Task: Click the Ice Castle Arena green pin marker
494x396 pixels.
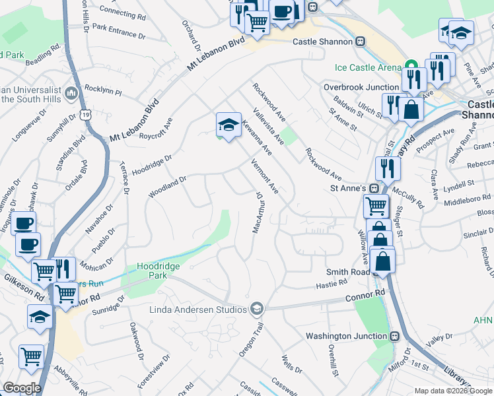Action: click(x=411, y=67)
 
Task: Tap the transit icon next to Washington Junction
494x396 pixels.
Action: click(x=395, y=336)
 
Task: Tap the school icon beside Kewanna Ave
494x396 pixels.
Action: click(x=228, y=124)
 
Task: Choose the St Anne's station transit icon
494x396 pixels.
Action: click(x=374, y=188)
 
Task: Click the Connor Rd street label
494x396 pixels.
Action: click(x=365, y=298)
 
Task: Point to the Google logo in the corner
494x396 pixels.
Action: click(x=22, y=388)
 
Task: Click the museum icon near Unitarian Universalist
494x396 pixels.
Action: click(x=71, y=94)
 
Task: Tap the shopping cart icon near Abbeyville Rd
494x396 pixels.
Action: click(x=32, y=357)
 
